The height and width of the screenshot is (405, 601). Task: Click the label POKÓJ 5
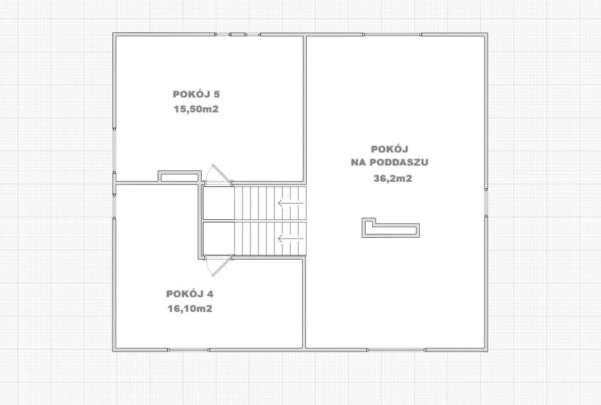pyautogui.click(x=196, y=94)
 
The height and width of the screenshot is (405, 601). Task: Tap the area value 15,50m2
pyautogui.click(x=196, y=109)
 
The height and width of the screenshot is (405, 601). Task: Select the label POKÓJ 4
pyautogui.click(x=190, y=294)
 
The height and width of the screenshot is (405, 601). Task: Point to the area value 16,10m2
pyautogui.click(x=190, y=309)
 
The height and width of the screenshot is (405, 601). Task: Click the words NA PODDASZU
pyautogui.click(x=389, y=163)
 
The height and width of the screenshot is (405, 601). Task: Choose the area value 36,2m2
pyautogui.click(x=393, y=178)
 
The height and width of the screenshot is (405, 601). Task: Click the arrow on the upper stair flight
pyautogui.click(x=290, y=203)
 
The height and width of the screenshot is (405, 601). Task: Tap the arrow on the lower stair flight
pyautogui.click(x=290, y=239)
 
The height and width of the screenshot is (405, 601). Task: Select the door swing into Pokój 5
pyautogui.click(x=218, y=174)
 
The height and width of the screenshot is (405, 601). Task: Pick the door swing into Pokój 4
pyautogui.click(x=218, y=266)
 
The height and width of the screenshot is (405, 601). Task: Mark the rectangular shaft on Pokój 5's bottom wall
pyautogui.click(x=179, y=176)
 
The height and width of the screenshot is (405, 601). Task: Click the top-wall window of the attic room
pyautogui.click(x=393, y=35)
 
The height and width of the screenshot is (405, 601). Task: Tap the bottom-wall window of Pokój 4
pyautogui.click(x=188, y=350)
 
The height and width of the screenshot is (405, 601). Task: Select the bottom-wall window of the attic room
pyautogui.click(x=397, y=350)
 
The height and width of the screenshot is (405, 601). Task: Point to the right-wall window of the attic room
pyautogui.click(x=486, y=202)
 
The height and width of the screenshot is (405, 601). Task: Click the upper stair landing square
pyautogui.click(x=218, y=203)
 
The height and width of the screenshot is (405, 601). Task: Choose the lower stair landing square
pyautogui.click(x=218, y=239)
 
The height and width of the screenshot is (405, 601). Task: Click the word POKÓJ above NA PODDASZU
pyautogui.click(x=389, y=149)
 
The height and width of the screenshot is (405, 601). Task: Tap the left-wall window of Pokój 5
pyautogui.click(x=114, y=150)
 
